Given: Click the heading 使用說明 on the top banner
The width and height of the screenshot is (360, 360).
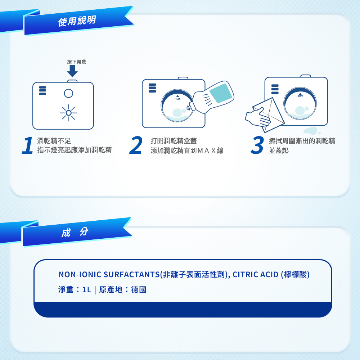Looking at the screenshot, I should (x=77, y=21).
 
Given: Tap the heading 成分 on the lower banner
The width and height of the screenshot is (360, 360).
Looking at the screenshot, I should (x=75, y=232).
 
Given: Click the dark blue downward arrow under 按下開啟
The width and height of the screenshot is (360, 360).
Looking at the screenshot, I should (x=72, y=71).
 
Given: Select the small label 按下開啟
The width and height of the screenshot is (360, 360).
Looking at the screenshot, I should (x=76, y=62).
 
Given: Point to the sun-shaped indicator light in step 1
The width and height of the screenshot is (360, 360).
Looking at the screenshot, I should (x=68, y=113).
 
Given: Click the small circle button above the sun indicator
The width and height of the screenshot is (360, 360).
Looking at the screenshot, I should (x=68, y=93).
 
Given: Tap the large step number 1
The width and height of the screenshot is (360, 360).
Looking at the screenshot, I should (x=28, y=146).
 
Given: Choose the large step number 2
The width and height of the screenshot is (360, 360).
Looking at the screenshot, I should (x=136, y=146).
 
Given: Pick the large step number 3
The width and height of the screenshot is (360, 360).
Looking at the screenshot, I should (x=257, y=146).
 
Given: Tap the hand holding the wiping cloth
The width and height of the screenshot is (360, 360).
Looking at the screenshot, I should (x=258, y=119).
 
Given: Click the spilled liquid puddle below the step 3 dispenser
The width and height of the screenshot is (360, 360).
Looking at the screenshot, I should (x=310, y=131).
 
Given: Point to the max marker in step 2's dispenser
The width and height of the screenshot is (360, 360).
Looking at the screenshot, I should (x=177, y=98).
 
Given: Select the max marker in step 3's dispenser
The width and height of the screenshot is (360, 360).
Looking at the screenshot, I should (x=300, y=95).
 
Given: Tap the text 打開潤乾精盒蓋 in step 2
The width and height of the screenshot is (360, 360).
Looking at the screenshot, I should (x=174, y=141).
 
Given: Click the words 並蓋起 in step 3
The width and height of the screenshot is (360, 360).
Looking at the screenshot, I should (x=279, y=150).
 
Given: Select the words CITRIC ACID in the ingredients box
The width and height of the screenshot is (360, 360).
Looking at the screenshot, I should (x=255, y=275).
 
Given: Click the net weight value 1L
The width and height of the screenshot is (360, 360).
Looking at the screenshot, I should (x=86, y=290).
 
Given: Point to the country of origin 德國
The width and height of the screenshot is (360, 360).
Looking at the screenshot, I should (x=139, y=290).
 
